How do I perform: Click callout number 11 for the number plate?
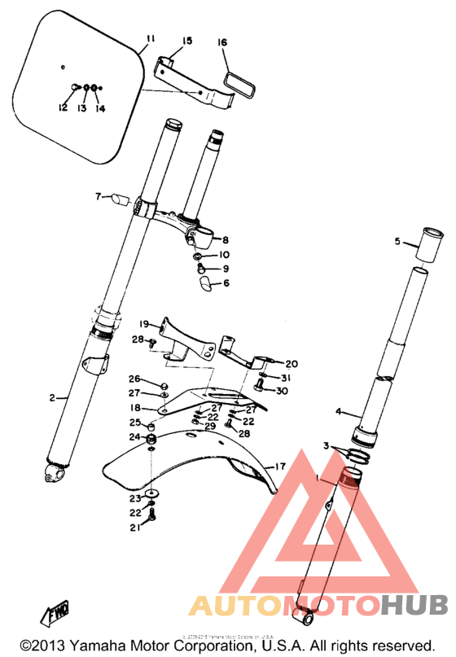150,40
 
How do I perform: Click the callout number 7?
98,196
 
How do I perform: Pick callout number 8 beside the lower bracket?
226,240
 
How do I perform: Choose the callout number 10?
226,255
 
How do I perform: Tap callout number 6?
226,283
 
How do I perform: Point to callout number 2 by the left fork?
52,397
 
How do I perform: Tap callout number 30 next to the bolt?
282,391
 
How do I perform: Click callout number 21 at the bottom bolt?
134,528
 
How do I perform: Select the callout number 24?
134,437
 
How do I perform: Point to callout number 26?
134,379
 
